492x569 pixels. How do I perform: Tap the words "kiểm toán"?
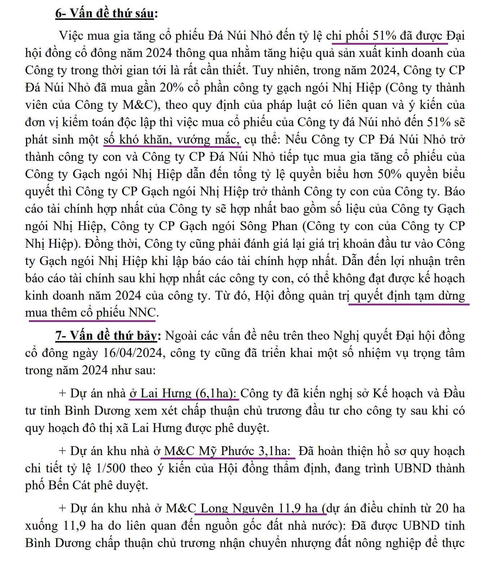pos(90,122)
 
